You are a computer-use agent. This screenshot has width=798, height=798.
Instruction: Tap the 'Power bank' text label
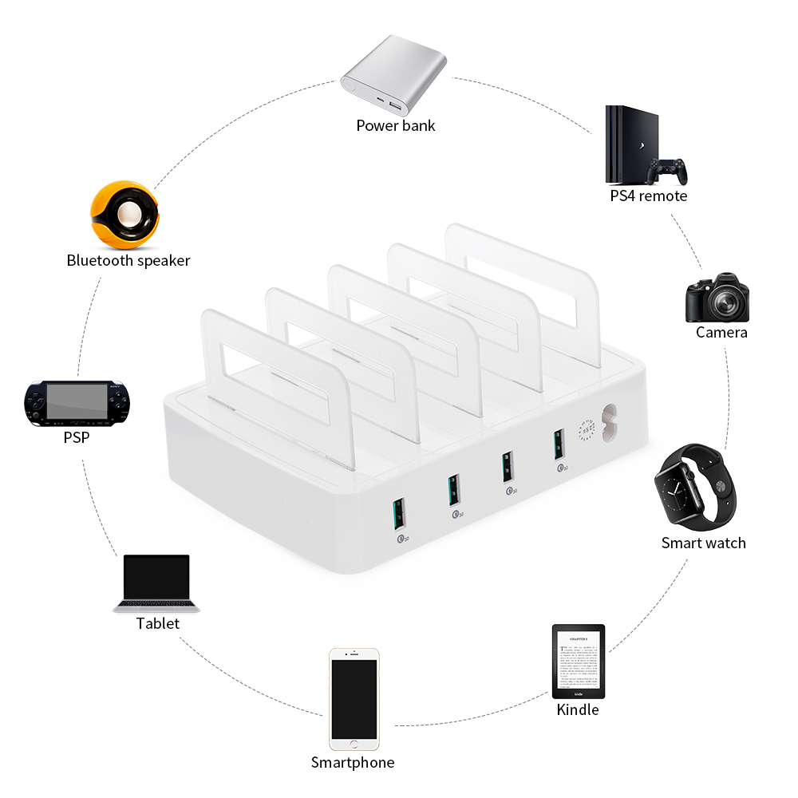tap(396, 125)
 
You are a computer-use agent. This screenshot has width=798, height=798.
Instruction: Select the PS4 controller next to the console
tap(666, 170)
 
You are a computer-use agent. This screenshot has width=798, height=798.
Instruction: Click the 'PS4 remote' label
tap(648, 196)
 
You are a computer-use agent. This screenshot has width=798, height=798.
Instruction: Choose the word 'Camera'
tap(721, 332)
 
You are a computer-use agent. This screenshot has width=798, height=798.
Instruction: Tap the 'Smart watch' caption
tap(703, 543)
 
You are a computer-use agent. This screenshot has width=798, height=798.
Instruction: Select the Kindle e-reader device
tap(579, 662)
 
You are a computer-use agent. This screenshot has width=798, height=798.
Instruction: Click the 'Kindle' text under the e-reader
tap(578, 709)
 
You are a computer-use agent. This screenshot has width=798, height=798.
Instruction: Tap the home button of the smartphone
tap(354, 745)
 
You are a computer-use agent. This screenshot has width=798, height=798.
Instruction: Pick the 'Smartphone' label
tap(353, 763)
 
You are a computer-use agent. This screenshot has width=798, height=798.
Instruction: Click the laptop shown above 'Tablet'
tap(156, 583)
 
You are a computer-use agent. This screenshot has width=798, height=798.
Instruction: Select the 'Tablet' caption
tap(158, 624)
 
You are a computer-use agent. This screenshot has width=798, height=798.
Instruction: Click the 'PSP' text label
tap(77, 438)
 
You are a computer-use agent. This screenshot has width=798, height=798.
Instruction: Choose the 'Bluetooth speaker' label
tap(128, 261)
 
